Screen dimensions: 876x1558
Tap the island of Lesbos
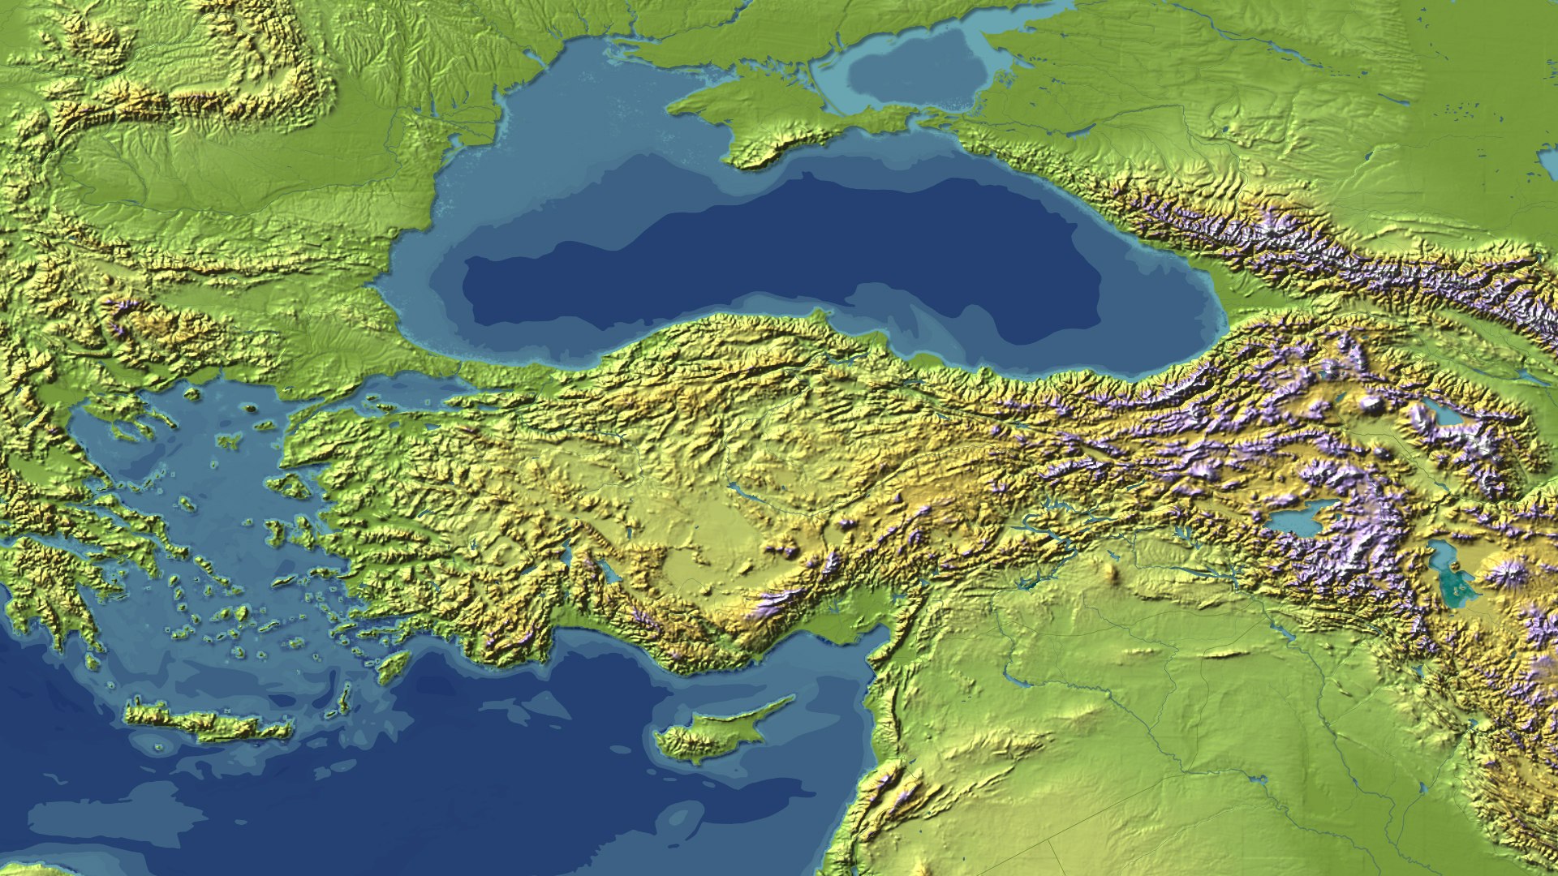292,487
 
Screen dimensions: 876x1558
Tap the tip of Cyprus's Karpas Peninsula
791,698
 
